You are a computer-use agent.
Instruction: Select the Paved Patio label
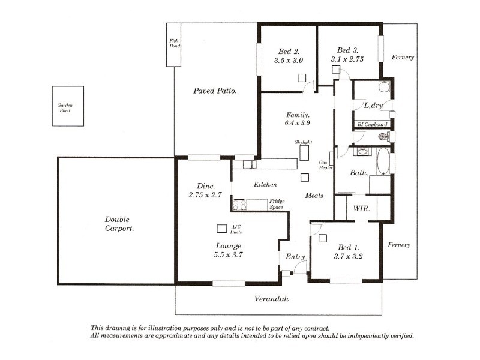(215, 91)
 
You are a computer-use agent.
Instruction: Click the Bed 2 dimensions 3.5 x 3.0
(289, 61)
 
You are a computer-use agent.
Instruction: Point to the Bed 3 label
(347, 50)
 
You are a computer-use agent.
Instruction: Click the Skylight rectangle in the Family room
(304, 153)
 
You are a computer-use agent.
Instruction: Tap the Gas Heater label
(325, 165)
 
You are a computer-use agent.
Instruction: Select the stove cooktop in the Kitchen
(239, 205)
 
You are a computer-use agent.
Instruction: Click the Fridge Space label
(277, 204)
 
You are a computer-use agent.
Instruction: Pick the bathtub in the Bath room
(383, 161)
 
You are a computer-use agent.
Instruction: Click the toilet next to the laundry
(383, 137)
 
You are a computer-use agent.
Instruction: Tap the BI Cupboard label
(372, 124)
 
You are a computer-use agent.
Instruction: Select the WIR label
(362, 209)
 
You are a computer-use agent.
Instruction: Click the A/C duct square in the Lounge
(221, 229)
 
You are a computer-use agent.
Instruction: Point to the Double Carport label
(119, 224)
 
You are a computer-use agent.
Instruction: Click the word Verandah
(271, 299)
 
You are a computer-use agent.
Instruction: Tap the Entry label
(295, 257)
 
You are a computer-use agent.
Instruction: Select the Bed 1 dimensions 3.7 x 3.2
(348, 257)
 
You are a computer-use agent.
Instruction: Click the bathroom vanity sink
(363, 151)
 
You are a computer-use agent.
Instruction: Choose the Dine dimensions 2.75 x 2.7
(205, 194)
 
